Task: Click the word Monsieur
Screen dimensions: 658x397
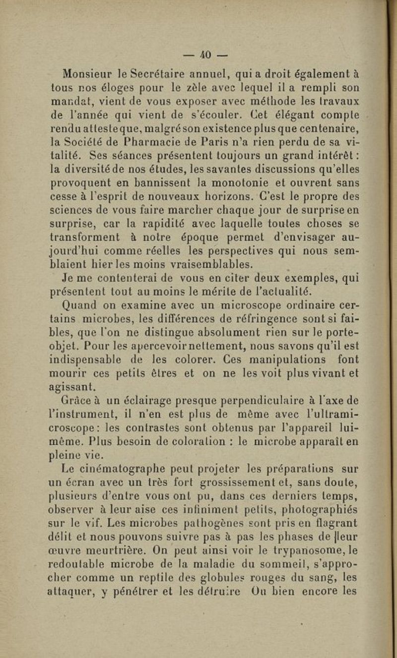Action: pos(90,74)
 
